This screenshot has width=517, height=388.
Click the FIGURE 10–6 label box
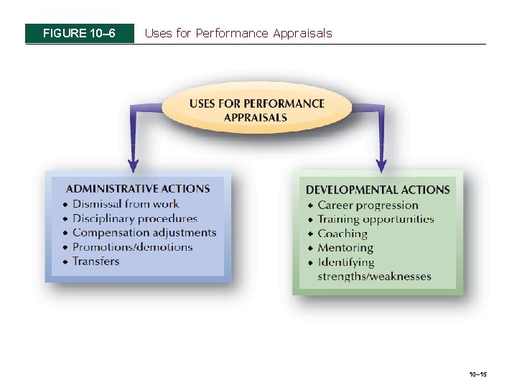79,33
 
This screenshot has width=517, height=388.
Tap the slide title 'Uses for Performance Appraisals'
238,33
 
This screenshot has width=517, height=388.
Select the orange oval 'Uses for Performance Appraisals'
256,110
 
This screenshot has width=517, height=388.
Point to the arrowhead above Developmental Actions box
381,164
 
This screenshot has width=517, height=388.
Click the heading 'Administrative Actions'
138,189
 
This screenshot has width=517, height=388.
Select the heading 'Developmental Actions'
378,190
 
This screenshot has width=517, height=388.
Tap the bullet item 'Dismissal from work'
126,204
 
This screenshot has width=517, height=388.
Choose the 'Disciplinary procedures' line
135,218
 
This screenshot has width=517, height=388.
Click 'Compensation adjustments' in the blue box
144,233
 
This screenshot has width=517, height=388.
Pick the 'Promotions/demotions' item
133,247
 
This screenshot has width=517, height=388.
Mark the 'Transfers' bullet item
96,262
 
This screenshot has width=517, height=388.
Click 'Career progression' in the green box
368,205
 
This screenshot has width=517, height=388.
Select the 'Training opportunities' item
376,219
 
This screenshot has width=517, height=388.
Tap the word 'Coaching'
343,234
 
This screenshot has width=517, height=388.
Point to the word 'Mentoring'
345,248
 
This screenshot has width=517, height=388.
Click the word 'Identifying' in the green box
346,262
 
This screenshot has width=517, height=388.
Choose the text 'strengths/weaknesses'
374,277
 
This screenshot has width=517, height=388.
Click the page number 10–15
478,375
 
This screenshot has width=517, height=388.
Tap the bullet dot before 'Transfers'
65,262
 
